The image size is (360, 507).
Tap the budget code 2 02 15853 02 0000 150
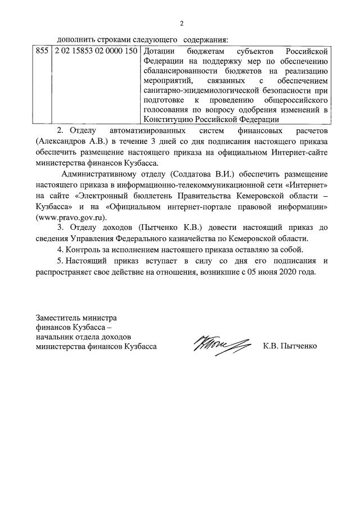(x=94, y=51)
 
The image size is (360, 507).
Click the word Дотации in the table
(x=156, y=51)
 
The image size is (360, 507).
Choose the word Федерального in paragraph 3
(x=167, y=238)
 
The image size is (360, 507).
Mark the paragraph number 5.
(x=59, y=261)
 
